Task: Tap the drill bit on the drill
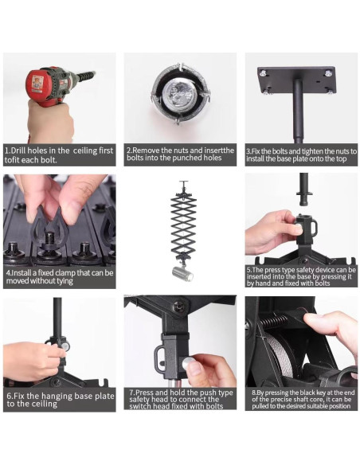click(87, 76)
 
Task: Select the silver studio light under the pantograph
click(182, 273)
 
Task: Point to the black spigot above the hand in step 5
click(304, 190)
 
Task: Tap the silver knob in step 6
click(65, 345)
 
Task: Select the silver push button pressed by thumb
click(188, 364)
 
